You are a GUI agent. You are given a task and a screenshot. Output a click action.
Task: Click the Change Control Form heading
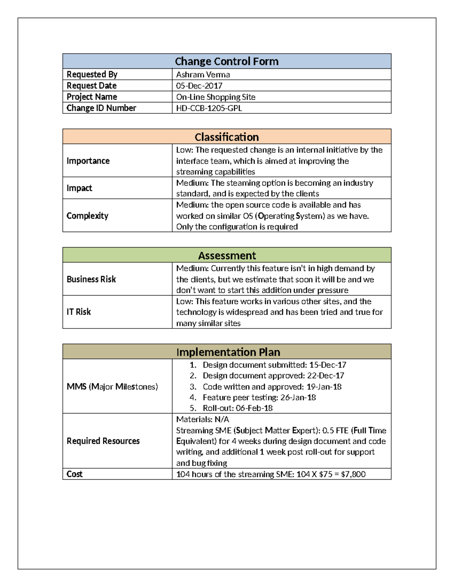[x=226, y=61]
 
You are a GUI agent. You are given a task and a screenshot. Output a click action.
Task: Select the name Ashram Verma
[x=203, y=74]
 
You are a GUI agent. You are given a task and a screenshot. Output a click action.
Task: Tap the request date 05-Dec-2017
[x=199, y=86]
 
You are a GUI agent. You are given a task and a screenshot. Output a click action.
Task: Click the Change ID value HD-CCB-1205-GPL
[x=209, y=108]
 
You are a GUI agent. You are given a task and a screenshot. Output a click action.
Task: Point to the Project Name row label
[x=92, y=97]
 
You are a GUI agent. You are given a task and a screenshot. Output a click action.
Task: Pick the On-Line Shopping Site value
[x=216, y=97]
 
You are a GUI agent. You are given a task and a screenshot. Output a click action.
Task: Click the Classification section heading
[x=226, y=137]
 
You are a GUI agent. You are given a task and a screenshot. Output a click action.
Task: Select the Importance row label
[x=88, y=161]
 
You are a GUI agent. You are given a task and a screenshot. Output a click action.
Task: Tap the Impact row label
[x=79, y=188]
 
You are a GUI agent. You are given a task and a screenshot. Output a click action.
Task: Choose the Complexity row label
[x=87, y=215]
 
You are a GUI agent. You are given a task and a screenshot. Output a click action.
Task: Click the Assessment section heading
[x=227, y=256]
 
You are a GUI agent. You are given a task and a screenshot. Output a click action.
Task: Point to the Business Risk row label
[x=91, y=279]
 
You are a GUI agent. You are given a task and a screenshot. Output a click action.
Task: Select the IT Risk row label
[x=79, y=312]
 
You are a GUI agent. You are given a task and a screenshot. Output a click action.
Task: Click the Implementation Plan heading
[x=228, y=352]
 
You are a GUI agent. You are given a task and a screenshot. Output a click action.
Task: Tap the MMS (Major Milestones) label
[x=112, y=386]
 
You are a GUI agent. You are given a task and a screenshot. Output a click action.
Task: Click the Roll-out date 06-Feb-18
[x=254, y=408]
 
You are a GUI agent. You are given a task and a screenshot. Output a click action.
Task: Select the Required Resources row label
[x=103, y=441]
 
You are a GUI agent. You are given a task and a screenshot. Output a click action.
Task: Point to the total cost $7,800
[x=353, y=474]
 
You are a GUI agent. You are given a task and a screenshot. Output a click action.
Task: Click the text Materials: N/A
[x=202, y=419]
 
